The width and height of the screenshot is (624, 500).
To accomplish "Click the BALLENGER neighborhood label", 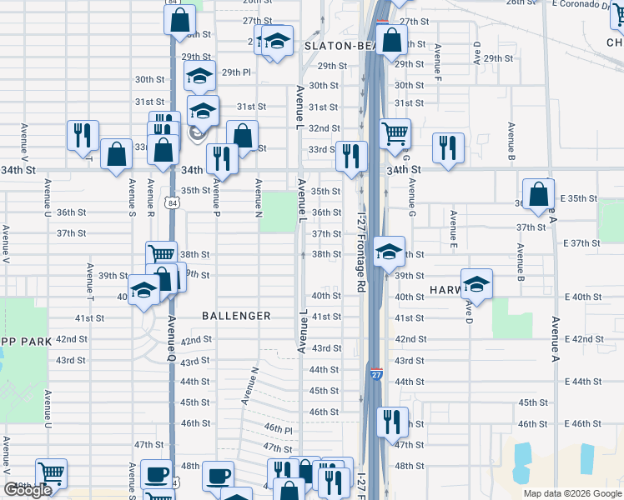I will (x=236, y=316).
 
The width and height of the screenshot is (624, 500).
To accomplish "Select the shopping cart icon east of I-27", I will (x=395, y=132).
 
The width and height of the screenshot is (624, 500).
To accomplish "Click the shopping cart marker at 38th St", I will (x=161, y=254).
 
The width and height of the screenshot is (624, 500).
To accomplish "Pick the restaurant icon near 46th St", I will (x=391, y=421).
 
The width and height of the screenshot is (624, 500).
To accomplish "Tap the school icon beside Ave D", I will (x=476, y=283).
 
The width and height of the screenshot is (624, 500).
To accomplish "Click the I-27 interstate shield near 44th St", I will (x=377, y=375).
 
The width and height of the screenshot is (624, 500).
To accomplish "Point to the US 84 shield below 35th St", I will (x=171, y=202).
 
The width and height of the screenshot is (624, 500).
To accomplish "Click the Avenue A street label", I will (x=554, y=340).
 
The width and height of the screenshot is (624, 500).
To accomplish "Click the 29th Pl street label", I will (x=236, y=72).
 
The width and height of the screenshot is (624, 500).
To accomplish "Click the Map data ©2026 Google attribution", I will (x=571, y=493).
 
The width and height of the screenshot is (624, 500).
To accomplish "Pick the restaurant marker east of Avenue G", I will (x=448, y=147).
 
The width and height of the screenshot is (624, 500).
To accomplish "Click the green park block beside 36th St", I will (x=278, y=212).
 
